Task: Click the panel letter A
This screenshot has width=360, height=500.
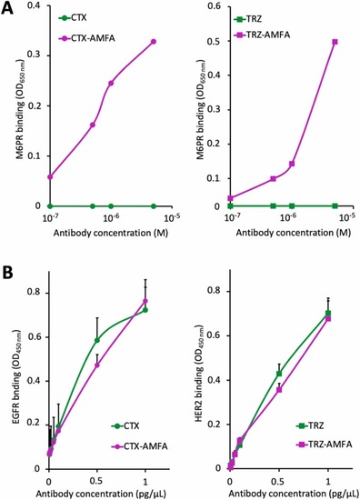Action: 7,8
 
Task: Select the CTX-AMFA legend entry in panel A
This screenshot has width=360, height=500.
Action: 86,38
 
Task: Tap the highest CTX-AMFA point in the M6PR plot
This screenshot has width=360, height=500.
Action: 154,42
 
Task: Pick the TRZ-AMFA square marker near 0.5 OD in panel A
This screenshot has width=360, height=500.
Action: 335,42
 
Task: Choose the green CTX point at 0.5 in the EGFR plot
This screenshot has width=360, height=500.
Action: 97,340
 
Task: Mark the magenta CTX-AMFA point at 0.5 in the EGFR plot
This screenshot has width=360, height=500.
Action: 97,365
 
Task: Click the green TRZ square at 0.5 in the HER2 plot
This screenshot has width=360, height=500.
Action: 279,374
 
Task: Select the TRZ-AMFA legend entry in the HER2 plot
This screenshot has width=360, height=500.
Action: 323,445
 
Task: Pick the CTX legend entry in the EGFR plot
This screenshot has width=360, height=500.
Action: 125,425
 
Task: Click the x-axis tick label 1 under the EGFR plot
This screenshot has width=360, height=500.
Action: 145,481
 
